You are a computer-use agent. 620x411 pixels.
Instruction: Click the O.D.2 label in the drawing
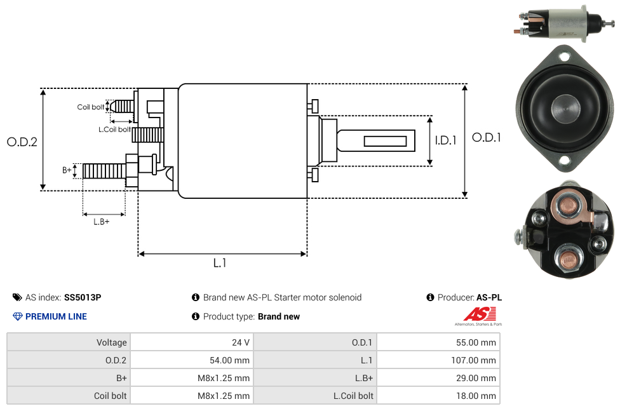22,142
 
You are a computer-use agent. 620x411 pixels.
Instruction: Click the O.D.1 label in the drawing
487,137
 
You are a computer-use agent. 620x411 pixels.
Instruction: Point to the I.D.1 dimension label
445,140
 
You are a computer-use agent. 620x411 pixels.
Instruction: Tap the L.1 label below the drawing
220,263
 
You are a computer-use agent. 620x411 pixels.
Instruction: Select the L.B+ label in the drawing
102,222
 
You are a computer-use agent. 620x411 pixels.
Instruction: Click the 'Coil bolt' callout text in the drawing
91,107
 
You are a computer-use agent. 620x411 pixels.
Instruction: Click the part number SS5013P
83,297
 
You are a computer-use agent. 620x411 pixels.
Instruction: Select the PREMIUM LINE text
56,316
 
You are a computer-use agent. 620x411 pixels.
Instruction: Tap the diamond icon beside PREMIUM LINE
18,316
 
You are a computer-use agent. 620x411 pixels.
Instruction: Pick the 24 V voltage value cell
191,342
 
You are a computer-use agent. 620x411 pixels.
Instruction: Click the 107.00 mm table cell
438,360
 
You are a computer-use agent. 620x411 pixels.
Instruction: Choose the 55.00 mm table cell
438,342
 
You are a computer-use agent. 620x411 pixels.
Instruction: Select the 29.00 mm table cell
438,378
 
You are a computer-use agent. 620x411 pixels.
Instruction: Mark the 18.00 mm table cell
438,396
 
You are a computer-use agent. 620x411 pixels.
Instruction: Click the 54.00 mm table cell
191,360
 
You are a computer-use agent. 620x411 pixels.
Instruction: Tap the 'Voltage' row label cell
69,342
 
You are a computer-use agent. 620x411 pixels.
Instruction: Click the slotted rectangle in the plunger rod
386,140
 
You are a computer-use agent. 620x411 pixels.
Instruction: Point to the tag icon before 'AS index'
17,297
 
